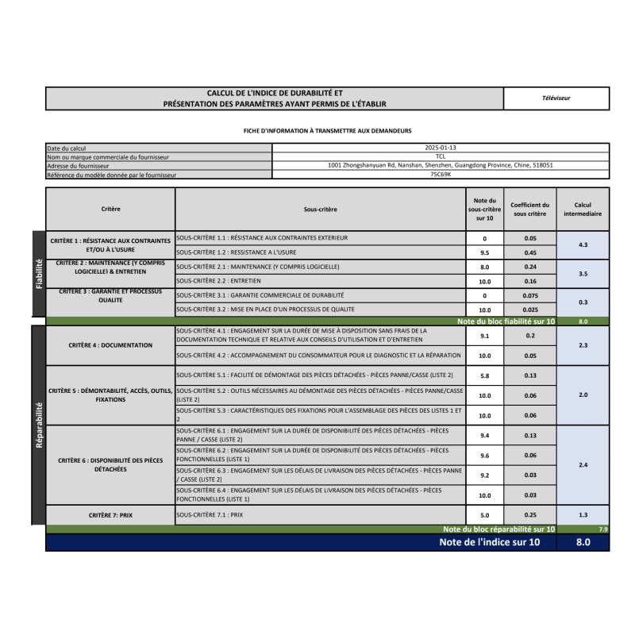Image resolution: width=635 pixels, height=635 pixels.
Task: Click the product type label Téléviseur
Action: tap(556, 98)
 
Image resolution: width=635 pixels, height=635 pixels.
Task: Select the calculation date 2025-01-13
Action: tap(441, 148)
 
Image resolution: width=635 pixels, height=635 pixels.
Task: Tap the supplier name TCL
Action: tap(441, 156)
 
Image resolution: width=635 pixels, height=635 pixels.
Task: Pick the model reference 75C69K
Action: tap(441, 174)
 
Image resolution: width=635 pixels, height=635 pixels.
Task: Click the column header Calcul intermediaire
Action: tap(583, 209)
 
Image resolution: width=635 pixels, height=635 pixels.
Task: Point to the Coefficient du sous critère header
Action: tap(529, 209)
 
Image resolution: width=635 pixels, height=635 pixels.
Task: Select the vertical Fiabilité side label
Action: tap(38, 274)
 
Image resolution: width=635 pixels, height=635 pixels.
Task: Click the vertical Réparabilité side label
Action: tap(38, 425)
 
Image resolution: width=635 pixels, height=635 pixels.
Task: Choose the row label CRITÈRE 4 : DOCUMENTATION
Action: tap(110, 345)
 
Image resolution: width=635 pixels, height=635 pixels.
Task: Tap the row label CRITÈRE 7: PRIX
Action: tap(110, 515)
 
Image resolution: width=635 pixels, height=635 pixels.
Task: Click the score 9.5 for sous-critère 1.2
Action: tap(484, 252)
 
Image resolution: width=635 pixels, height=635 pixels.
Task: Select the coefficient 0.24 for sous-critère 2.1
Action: tap(530, 267)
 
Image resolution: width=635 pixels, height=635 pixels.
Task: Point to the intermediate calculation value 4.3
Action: tap(583, 245)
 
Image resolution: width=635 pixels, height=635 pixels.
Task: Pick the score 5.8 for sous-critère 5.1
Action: tap(484, 375)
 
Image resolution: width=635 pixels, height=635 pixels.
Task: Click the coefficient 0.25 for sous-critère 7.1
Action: tap(530, 515)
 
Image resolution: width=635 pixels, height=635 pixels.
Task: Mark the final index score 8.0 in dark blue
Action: tap(583, 543)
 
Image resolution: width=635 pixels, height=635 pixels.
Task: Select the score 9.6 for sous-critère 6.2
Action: tap(484, 456)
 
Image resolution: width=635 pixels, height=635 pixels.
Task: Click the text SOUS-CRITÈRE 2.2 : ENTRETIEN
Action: tap(215, 281)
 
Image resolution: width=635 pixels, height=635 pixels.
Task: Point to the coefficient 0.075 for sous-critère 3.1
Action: tap(530, 295)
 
